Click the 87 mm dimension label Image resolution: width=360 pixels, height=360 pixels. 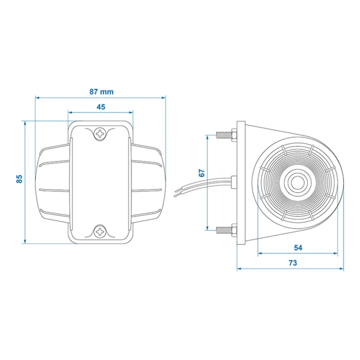(x=101, y=92)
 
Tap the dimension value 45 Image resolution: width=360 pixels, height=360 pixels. (x=101, y=107)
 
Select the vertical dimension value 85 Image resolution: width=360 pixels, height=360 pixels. (x=20, y=179)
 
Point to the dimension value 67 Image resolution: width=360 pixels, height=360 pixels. (x=202, y=173)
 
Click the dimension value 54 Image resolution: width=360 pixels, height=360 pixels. (x=298, y=248)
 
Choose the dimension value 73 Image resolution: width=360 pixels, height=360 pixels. (x=293, y=263)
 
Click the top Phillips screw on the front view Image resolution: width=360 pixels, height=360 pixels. (x=100, y=133)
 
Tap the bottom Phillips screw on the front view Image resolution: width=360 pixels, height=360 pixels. (x=100, y=232)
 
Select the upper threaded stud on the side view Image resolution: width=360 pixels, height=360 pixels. (x=224, y=135)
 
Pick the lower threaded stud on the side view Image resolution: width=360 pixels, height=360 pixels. (x=224, y=230)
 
